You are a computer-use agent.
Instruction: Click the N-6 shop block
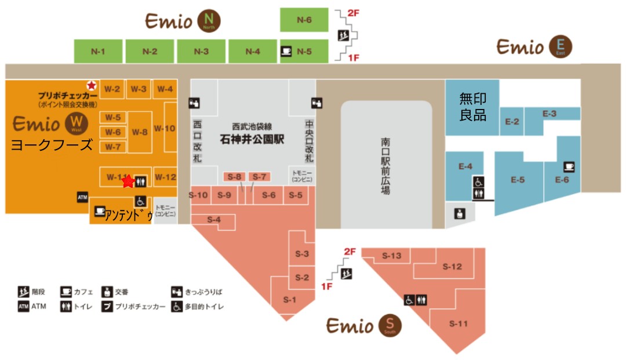click(x=304, y=20)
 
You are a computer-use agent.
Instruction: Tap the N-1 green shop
click(x=98, y=51)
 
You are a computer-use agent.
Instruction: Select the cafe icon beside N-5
click(x=286, y=51)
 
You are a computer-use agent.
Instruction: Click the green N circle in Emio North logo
click(x=209, y=21)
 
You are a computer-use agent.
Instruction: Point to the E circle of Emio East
click(x=561, y=46)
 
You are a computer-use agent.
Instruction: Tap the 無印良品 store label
click(x=472, y=106)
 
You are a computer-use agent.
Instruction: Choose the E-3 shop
click(x=549, y=114)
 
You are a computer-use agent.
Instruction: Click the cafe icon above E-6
click(x=569, y=167)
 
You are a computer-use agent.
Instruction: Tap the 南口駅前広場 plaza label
click(x=386, y=165)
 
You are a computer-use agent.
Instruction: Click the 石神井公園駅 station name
click(x=250, y=139)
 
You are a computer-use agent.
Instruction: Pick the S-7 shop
click(x=259, y=177)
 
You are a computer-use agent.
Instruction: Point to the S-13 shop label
click(x=392, y=256)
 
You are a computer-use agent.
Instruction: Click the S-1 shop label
click(x=289, y=300)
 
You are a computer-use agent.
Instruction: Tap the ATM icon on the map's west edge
click(x=82, y=198)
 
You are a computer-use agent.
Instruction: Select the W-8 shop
click(x=140, y=132)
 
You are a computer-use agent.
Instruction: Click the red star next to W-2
click(x=91, y=85)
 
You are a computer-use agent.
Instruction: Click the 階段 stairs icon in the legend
click(x=23, y=291)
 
